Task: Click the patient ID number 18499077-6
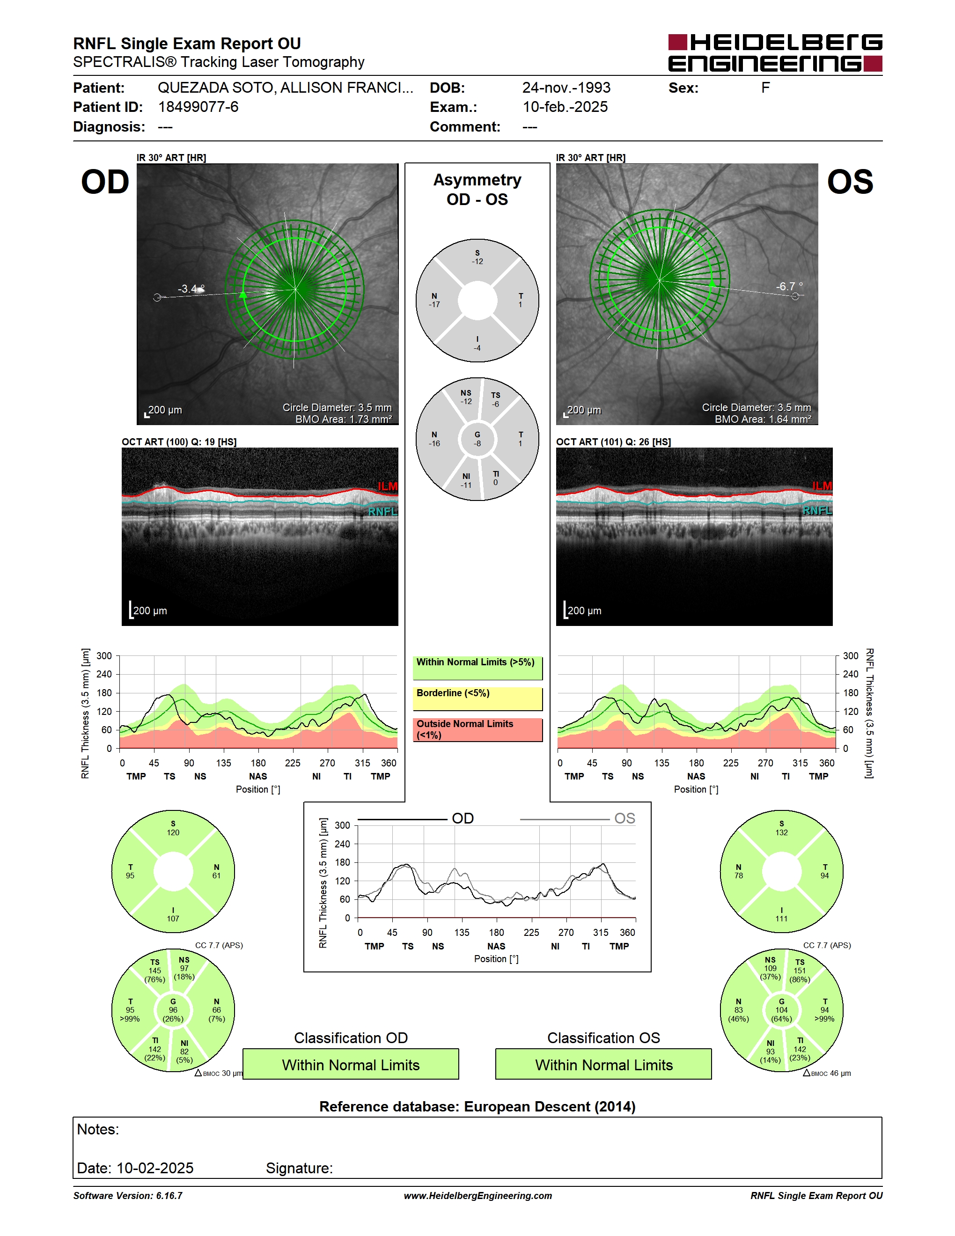tap(198, 107)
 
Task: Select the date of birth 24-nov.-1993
tap(566, 88)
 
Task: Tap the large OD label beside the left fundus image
tap(105, 182)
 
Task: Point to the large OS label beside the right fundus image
tap(850, 182)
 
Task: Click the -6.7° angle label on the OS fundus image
tap(789, 287)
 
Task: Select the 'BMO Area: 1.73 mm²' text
tap(344, 419)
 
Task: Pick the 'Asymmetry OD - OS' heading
tap(477, 190)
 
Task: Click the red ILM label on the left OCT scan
tap(388, 486)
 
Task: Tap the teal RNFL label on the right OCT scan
tap(817, 510)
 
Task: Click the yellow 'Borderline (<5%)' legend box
tap(477, 699)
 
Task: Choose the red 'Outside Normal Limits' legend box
tap(477, 729)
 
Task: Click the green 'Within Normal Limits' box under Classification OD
tap(351, 1065)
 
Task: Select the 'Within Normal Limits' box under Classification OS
tap(604, 1065)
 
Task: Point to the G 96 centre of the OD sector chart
tap(173, 1010)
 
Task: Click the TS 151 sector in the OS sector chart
tap(800, 971)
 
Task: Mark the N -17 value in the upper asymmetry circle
tap(434, 300)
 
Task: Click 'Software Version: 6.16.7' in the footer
tap(128, 1196)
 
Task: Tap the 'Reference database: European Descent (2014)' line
tap(477, 1106)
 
